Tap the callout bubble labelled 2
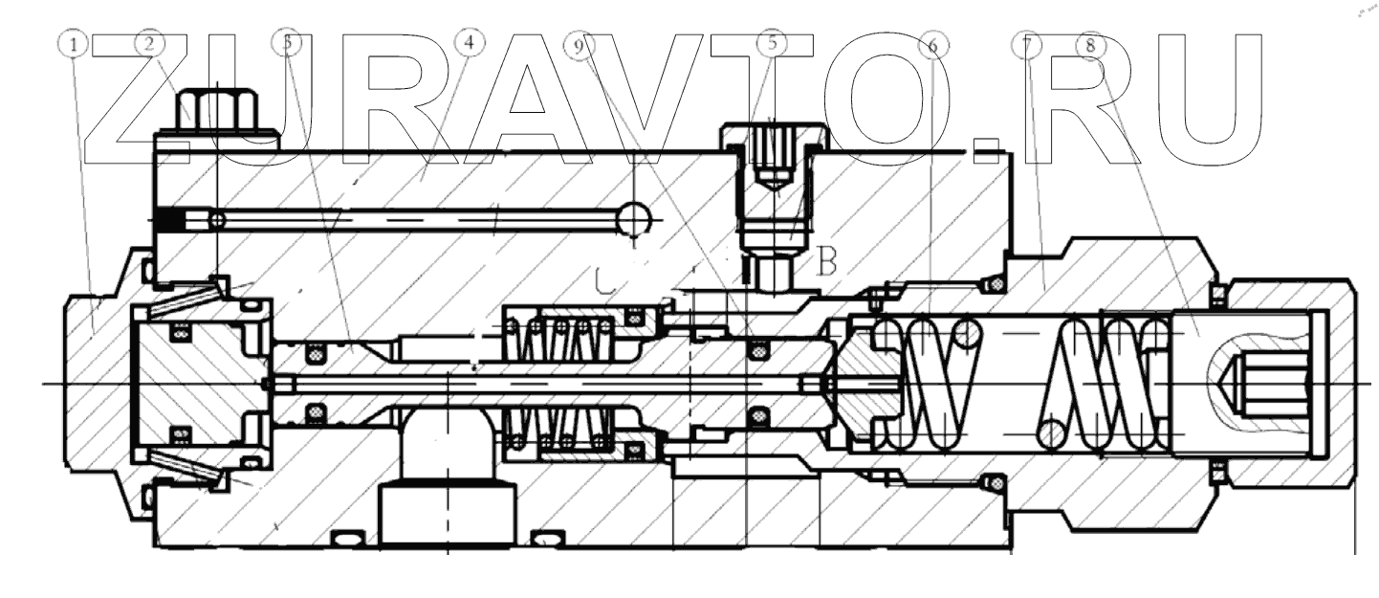coord(151,44)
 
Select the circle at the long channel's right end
coord(632,221)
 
